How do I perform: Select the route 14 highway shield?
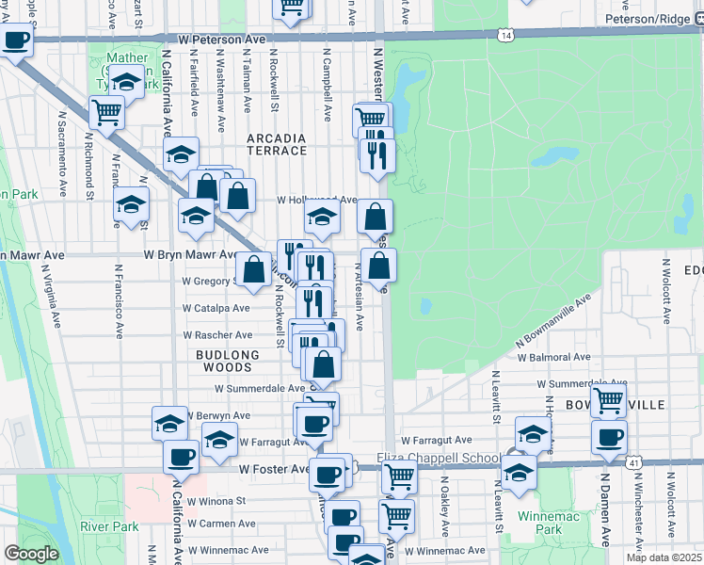507,35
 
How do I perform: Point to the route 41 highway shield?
635,463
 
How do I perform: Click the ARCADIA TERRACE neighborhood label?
277,144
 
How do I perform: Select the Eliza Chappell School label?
440,459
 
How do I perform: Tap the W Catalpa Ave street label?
216,308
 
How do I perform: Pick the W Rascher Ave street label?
217,335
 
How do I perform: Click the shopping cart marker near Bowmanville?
608,399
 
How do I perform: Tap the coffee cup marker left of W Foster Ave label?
181,457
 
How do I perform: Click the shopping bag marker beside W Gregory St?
253,269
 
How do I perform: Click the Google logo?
31,554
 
